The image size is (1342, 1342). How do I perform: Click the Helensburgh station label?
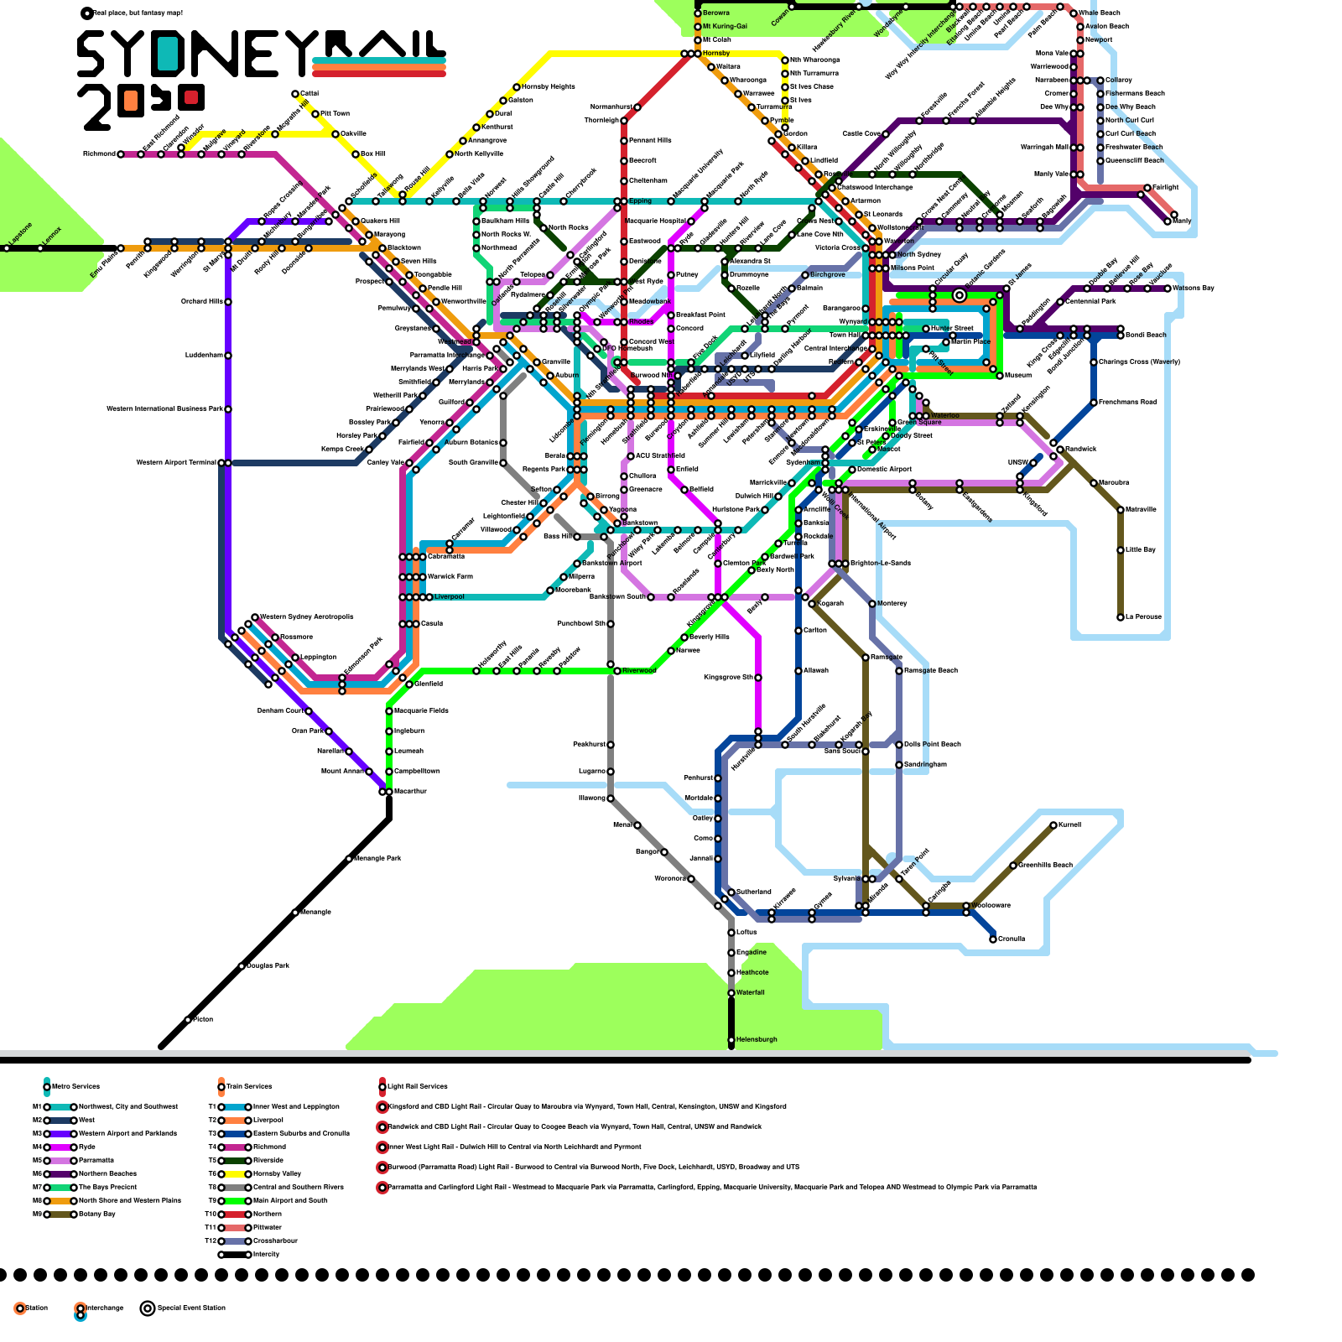pyautogui.click(x=757, y=1040)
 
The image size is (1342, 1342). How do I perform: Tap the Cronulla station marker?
pyautogui.click(x=993, y=939)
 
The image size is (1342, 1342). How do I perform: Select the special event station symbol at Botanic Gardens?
pyautogui.click(x=960, y=295)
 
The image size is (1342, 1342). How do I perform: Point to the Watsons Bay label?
pyautogui.click(x=1193, y=289)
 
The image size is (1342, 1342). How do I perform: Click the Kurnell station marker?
pyautogui.click(x=1053, y=825)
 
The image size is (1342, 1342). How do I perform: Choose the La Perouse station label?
pyautogui.click(x=1143, y=617)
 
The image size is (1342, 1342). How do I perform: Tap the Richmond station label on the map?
pyautogui.click(x=99, y=154)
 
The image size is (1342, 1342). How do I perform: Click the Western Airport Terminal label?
pyautogui.click(x=176, y=463)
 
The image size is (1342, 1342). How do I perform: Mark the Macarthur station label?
pyautogui.click(x=411, y=792)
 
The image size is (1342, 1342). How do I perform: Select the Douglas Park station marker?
pyautogui.click(x=242, y=966)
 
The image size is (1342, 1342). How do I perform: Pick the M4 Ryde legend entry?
pyautogui.click(x=87, y=1147)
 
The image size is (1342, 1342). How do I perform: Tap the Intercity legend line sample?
pyautogui.click(x=235, y=1255)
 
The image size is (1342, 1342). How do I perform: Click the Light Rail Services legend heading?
pyautogui.click(x=417, y=1087)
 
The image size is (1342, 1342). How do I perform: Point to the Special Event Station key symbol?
pyautogui.click(x=148, y=1308)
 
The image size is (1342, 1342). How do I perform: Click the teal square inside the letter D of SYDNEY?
pyautogui.click(x=168, y=55)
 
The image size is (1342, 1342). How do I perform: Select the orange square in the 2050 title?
pyautogui.click(x=129, y=101)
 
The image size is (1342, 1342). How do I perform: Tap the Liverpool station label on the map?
pyautogui.click(x=450, y=597)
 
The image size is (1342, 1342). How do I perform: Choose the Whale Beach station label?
pyautogui.click(x=1099, y=13)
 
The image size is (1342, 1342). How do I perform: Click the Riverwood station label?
pyautogui.click(x=639, y=671)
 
